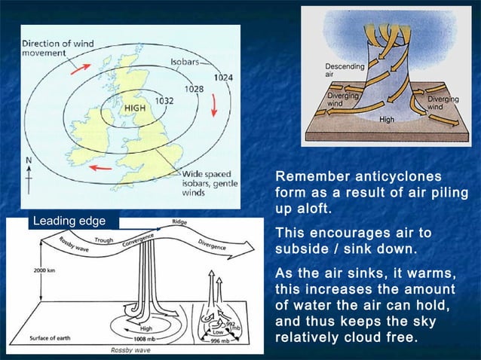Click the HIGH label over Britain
coord(135,108)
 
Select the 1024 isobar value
coord(223,78)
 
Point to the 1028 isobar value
coord(195,89)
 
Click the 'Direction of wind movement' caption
coord(57,48)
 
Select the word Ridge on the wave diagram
coord(179,223)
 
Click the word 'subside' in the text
coord(302,249)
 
